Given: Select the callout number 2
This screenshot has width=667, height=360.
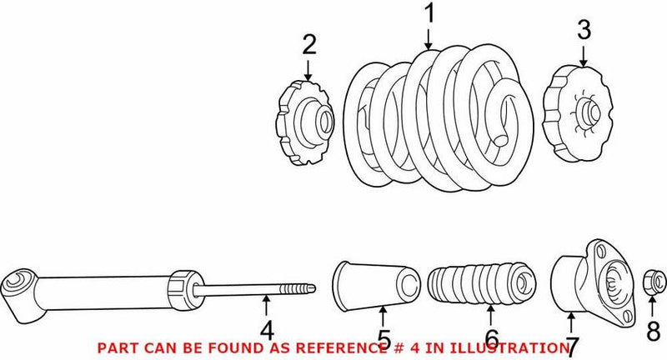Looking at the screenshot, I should coord(309,45).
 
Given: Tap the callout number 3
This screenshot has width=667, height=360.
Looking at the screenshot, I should coord(583,32).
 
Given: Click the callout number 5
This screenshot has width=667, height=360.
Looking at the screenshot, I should coord(383,338).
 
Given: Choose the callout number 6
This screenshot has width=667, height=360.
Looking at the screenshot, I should coord(491,338).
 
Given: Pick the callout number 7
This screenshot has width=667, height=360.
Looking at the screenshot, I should coord(573,343).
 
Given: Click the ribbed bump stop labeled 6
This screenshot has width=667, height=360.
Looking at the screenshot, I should coord(481,287).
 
